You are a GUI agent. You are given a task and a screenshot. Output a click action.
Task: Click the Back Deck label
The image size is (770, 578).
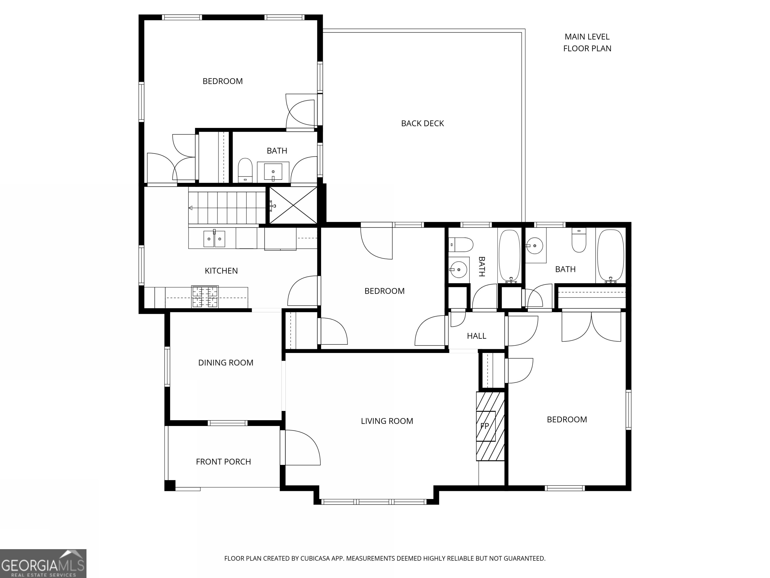(x=422, y=123)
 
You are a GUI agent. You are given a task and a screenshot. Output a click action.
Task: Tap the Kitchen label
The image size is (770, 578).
(x=221, y=271)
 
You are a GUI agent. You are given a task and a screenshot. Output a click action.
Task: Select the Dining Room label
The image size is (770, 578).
(x=226, y=363)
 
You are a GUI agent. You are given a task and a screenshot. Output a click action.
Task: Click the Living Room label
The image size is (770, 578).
(x=387, y=421)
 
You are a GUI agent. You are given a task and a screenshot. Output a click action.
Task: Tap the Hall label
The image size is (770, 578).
(x=476, y=336)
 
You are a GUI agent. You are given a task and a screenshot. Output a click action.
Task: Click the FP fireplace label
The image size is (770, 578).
(x=485, y=426)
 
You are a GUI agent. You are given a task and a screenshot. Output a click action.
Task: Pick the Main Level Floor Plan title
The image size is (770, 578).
(x=587, y=42)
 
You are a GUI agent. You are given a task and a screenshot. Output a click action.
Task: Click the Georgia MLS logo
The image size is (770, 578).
(x=43, y=564)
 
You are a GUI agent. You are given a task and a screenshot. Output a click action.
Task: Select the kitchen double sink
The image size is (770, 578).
(x=214, y=238)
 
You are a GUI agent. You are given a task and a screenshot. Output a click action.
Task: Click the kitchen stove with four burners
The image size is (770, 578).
(x=205, y=297)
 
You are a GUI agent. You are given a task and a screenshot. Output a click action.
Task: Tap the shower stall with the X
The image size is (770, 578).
(x=293, y=205)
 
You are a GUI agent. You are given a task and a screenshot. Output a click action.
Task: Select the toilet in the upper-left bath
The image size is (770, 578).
(x=245, y=170)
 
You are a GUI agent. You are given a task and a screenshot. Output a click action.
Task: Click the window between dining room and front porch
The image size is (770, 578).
(x=228, y=423)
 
